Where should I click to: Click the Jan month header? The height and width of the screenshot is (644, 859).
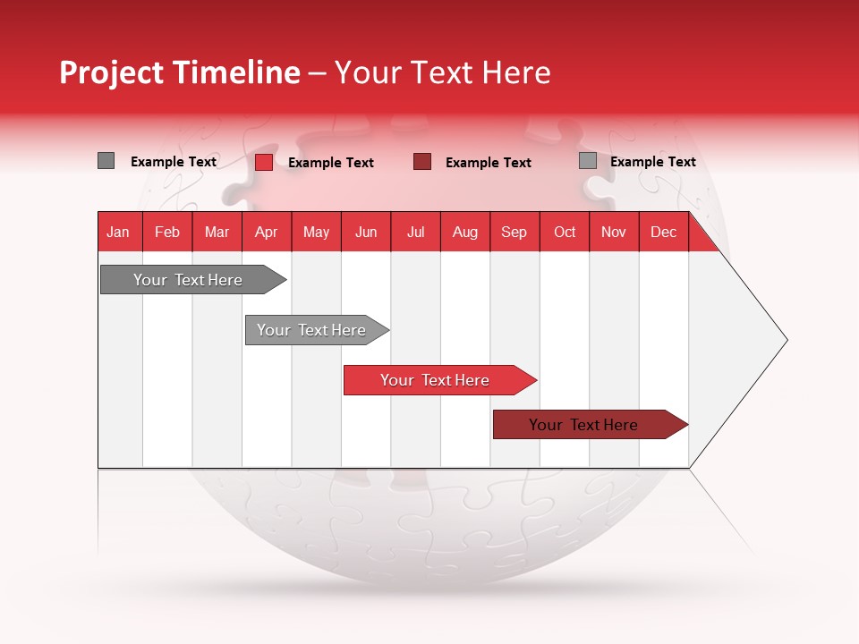(x=118, y=232)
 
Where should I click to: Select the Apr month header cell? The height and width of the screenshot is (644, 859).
(x=266, y=232)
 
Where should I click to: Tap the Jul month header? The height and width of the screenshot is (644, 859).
(x=415, y=232)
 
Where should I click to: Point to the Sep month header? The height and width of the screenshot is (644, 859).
(x=514, y=232)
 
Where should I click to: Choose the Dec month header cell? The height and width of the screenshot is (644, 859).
(x=663, y=232)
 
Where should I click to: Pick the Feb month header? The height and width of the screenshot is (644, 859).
(x=167, y=232)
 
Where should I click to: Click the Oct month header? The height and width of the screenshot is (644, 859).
(x=564, y=232)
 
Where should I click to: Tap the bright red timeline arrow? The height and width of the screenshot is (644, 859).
(x=436, y=380)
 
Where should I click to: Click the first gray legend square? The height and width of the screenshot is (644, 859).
(x=106, y=161)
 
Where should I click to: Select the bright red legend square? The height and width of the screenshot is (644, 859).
(x=263, y=162)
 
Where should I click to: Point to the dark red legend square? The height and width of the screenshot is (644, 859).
(x=422, y=162)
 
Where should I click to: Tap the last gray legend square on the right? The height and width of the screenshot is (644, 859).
(x=587, y=161)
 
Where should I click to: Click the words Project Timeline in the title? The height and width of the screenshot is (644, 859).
(x=179, y=72)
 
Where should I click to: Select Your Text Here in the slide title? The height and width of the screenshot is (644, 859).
(x=442, y=72)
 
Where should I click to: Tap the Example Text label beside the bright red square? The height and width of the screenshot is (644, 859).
(x=330, y=163)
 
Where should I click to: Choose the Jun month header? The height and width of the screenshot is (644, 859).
(x=365, y=232)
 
